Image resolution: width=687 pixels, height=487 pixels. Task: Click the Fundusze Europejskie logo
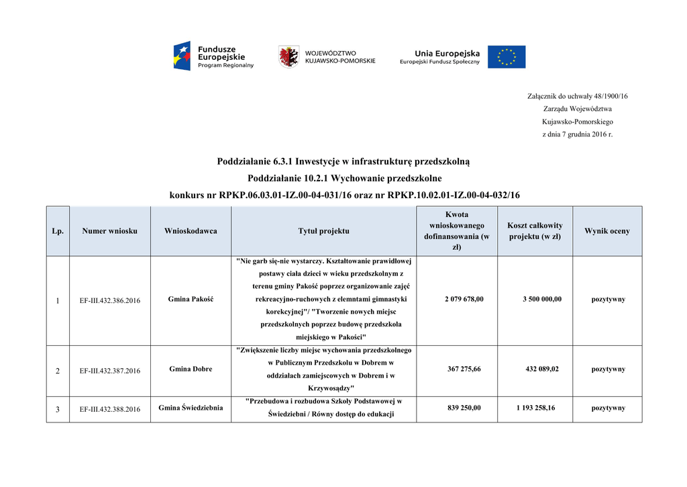pyautogui.click(x=213, y=56)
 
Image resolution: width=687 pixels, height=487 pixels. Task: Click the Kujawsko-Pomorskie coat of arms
pyautogui.click(x=288, y=56)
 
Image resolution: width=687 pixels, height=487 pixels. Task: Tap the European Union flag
pyautogui.click(x=507, y=57)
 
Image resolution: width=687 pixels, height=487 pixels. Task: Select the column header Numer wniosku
pyautogui.click(x=110, y=231)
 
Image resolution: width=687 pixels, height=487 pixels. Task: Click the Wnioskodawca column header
pyautogui.click(x=191, y=231)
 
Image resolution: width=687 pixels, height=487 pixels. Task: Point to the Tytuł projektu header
pyautogui.click(x=323, y=231)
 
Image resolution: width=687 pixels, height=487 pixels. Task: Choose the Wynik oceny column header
pyautogui.click(x=607, y=231)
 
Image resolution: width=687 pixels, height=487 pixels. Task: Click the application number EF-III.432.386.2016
pyautogui.click(x=110, y=300)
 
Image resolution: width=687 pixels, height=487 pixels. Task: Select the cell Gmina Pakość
pyautogui.click(x=191, y=299)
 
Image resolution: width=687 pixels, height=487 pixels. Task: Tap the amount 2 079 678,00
pyautogui.click(x=464, y=299)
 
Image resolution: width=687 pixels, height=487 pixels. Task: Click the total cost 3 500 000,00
pyautogui.click(x=542, y=299)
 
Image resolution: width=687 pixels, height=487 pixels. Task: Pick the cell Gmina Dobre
pyautogui.click(x=191, y=369)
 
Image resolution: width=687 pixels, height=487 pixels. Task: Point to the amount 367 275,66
pyautogui.click(x=464, y=369)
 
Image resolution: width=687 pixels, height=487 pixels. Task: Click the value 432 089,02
pyautogui.click(x=542, y=369)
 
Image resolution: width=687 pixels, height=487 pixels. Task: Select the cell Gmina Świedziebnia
pyautogui.click(x=191, y=408)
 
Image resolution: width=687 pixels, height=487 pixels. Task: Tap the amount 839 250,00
pyautogui.click(x=464, y=408)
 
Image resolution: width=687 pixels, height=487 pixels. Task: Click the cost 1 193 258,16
pyautogui.click(x=535, y=408)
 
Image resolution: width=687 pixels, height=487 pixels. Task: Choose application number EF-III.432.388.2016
pyautogui.click(x=110, y=409)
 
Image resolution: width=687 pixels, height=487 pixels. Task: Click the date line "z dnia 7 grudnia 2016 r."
pyautogui.click(x=577, y=134)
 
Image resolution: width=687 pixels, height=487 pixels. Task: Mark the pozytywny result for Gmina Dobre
pyautogui.click(x=608, y=369)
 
